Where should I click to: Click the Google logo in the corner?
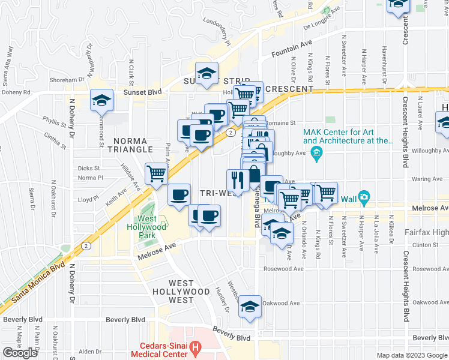pyautogui.click(x=20, y=352)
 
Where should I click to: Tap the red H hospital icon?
pyautogui.click(x=194, y=346)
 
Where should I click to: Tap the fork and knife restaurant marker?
pyautogui.click(x=238, y=179)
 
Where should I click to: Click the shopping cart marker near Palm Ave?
pyautogui.click(x=157, y=175)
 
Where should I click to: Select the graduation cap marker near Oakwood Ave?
pyautogui.click(x=250, y=307)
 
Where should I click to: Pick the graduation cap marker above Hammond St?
pyautogui.click(x=101, y=100)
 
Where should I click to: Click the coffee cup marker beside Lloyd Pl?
pyautogui.click(x=179, y=195)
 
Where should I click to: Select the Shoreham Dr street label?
pyautogui.click(x=67, y=79)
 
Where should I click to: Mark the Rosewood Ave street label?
pyautogui.click(x=282, y=268)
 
